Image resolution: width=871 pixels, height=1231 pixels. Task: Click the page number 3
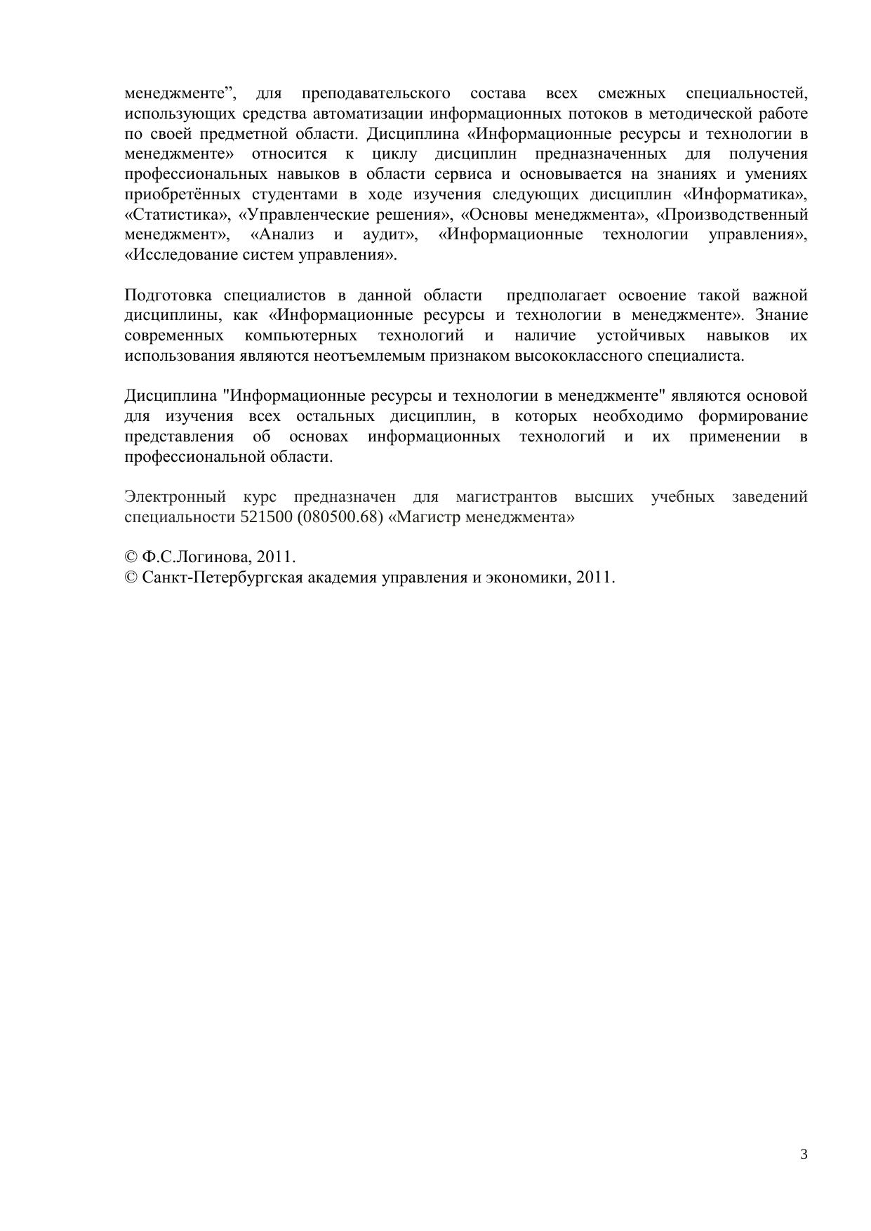(804, 1155)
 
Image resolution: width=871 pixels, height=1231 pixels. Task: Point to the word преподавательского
(375, 93)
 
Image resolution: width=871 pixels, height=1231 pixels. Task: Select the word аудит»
(390, 235)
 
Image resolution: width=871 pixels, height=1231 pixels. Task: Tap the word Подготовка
(168, 295)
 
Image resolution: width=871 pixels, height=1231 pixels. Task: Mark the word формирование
(752, 417)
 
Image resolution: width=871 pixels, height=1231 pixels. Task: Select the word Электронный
(175, 498)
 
